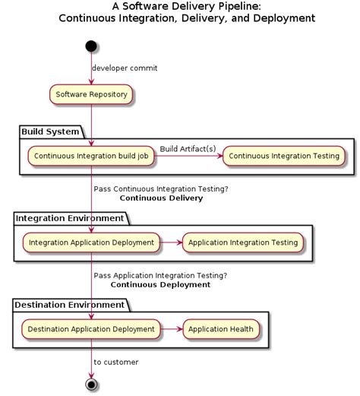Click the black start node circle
91,46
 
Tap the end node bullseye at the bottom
92,384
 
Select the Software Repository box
91,95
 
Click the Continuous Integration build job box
91,156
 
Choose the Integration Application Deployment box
91,243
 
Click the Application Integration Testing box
243,243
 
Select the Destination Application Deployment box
91,329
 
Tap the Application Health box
220,329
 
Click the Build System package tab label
50,132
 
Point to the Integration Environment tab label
70,219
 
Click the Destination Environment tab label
69,305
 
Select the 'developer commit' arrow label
125,68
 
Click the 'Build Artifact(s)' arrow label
188,148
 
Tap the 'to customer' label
115,363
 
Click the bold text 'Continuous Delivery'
161,198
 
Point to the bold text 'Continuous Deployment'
160,285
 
